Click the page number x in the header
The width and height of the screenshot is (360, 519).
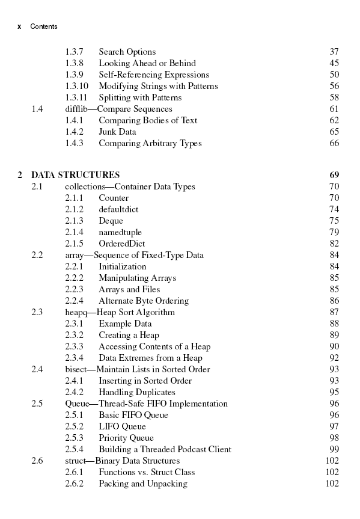tap(20, 26)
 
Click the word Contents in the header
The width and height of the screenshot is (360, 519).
tap(44, 26)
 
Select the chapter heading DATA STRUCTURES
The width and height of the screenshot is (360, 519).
tap(75, 175)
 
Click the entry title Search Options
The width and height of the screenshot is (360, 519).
tap(127, 52)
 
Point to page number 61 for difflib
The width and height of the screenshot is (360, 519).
tap(334, 109)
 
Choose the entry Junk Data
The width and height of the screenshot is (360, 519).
tap(117, 132)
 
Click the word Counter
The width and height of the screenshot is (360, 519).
tap(114, 198)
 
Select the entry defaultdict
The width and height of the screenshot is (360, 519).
tap(118, 209)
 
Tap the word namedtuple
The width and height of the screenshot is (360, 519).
tap(120, 232)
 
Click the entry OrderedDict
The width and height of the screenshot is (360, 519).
tap(121, 244)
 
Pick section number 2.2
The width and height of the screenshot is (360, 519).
tap(37, 255)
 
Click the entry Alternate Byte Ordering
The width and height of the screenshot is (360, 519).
tap(144, 301)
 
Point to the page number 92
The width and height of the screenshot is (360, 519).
tap(334, 358)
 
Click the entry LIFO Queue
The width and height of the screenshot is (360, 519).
tap(122, 426)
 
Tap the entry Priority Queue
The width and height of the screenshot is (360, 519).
tap(126, 438)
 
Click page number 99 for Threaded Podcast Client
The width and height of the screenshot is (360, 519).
tap(334, 449)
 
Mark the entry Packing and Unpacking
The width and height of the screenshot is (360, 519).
tap(143, 484)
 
